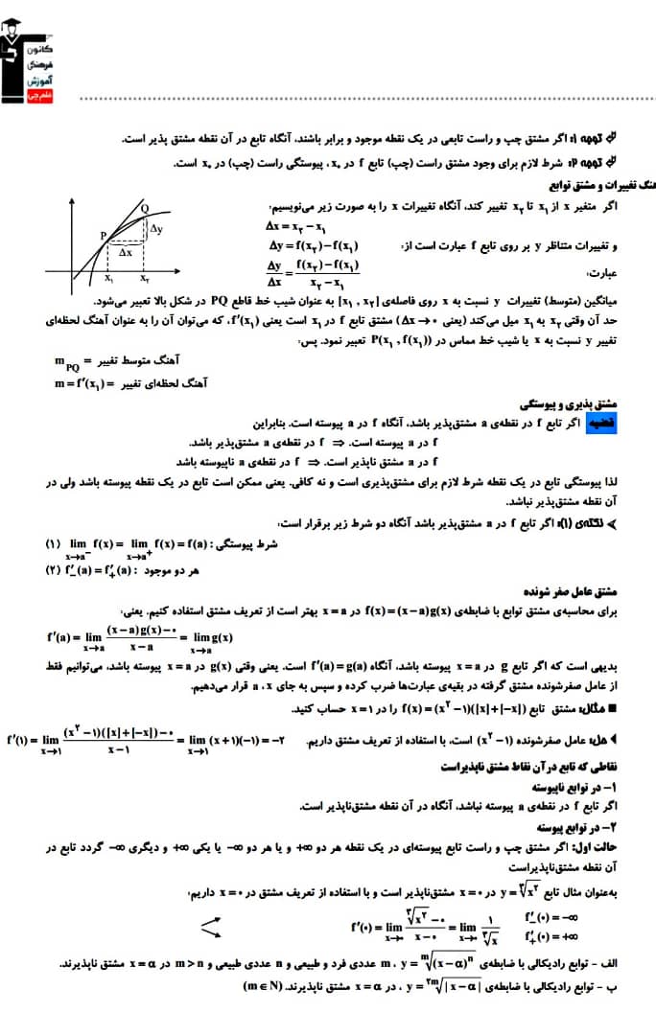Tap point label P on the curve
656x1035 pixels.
(102, 234)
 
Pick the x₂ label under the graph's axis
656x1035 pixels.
(143, 279)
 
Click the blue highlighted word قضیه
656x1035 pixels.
(595, 423)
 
